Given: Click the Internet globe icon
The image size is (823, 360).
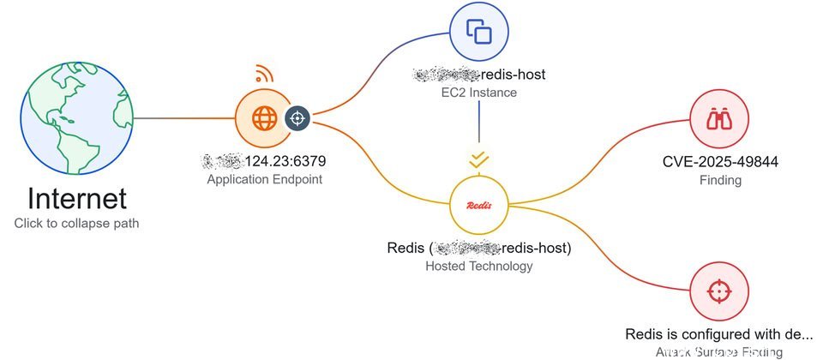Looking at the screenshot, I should (x=77, y=118).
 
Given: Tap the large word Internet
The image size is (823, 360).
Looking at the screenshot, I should (x=77, y=199).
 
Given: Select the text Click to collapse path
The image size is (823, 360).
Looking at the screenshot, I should (x=77, y=223).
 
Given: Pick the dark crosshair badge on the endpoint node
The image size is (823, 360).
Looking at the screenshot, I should (x=297, y=118).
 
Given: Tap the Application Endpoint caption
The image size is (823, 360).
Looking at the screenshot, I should (x=264, y=180).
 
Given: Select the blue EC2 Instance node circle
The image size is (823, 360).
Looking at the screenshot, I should (x=478, y=33).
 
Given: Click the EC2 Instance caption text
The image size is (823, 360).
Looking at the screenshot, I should (x=478, y=92).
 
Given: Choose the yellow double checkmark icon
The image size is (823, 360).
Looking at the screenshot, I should (x=479, y=159).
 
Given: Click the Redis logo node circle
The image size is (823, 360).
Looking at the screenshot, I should (x=479, y=206).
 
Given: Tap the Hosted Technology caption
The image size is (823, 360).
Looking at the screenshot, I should (x=479, y=266).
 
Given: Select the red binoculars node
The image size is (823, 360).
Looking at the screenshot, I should (x=719, y=118).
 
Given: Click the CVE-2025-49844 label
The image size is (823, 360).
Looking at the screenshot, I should (x=719, y=161).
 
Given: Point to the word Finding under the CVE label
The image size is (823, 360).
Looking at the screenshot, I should (x=719, y=180).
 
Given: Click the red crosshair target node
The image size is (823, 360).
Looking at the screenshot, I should (x=719, y=290).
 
